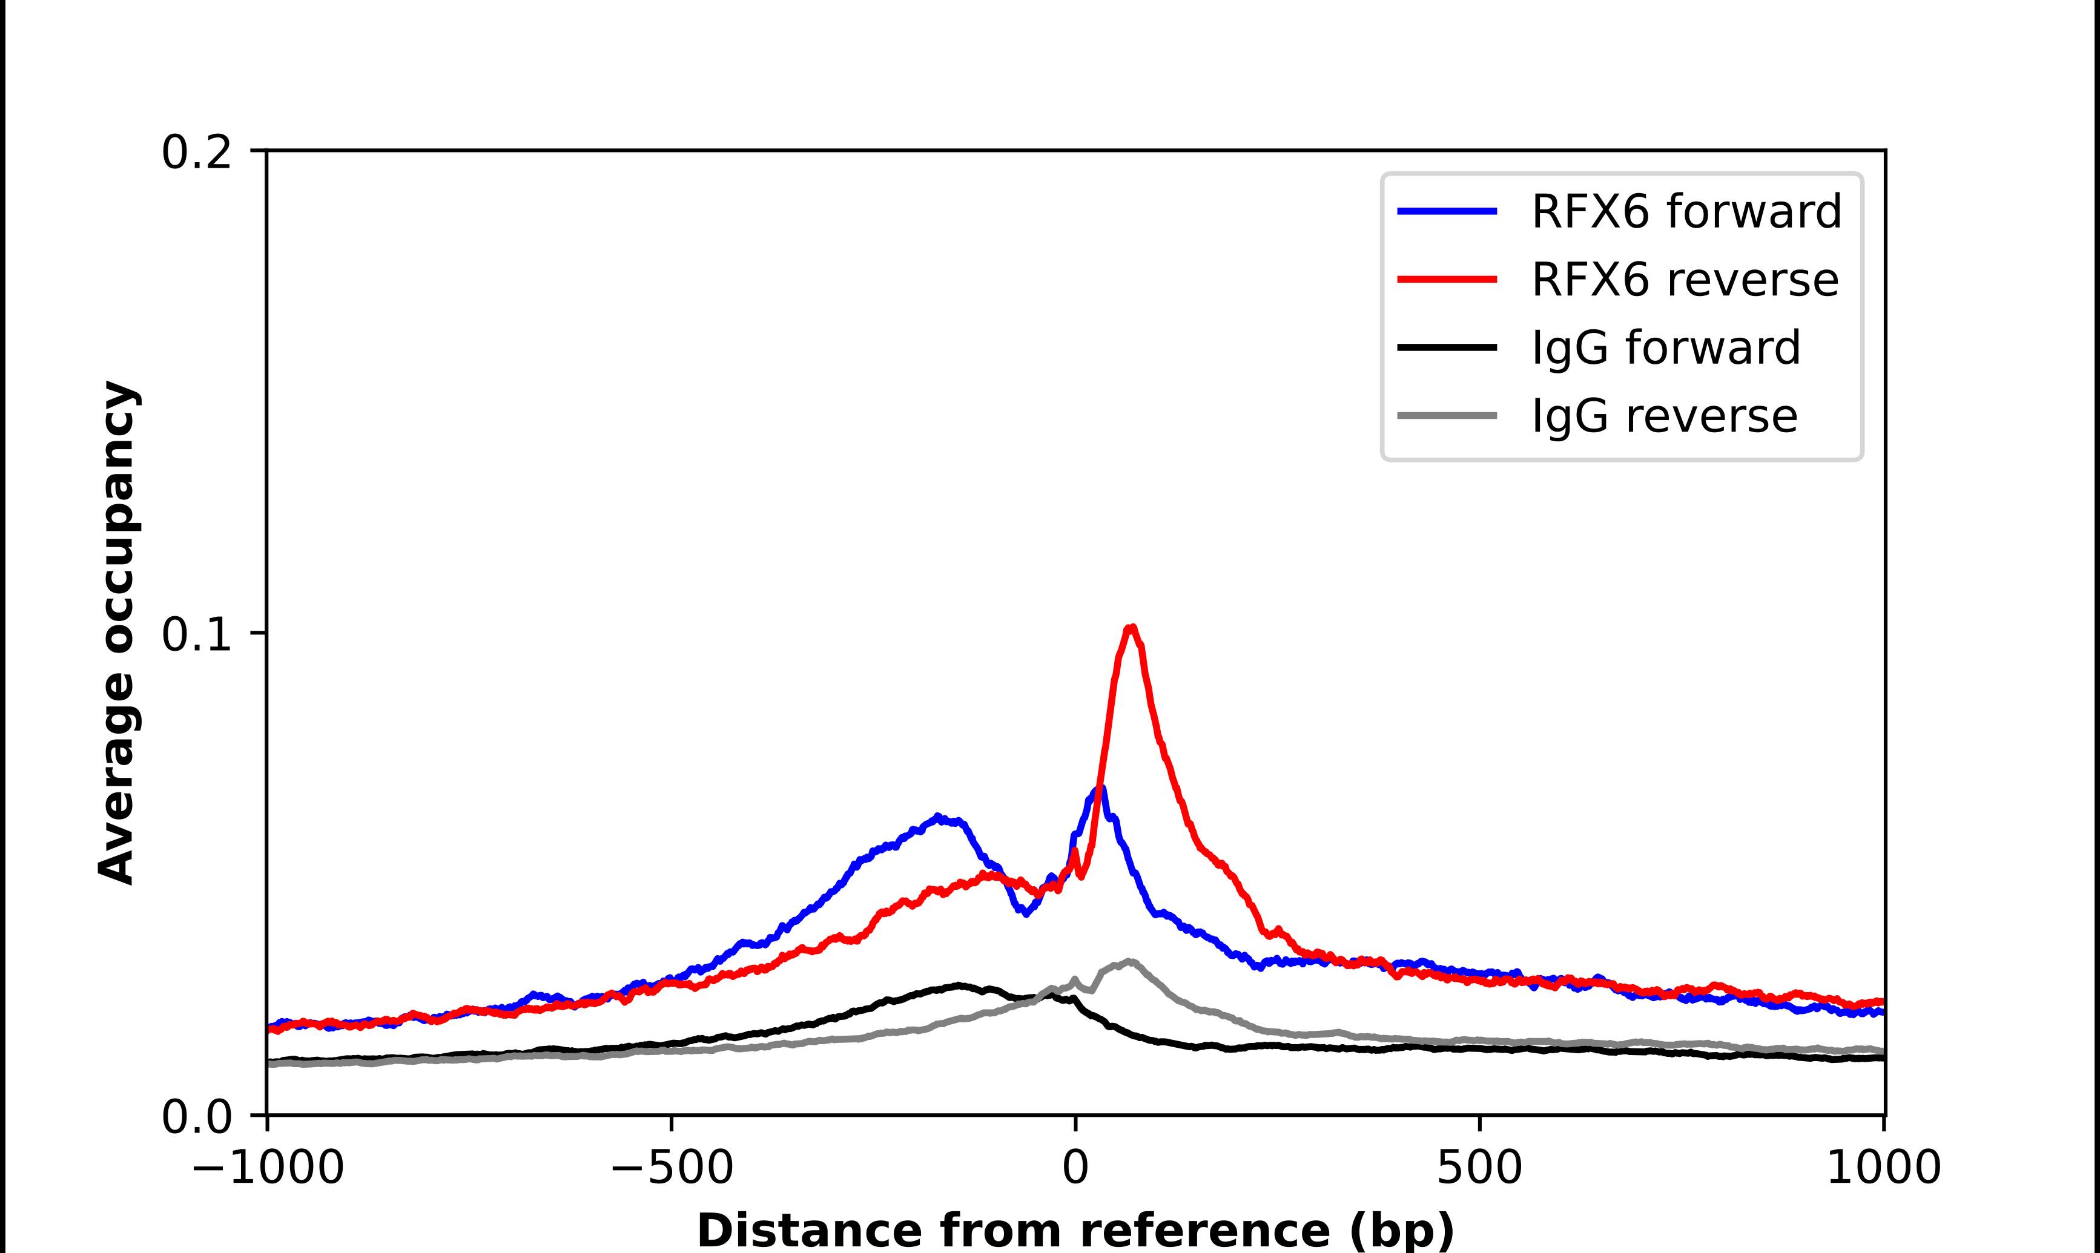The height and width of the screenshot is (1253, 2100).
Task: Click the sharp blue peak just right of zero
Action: point(1100,789)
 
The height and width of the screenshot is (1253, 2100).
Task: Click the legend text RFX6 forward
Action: point(1685,211)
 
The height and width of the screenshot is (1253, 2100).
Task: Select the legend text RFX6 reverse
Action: point(1684,280)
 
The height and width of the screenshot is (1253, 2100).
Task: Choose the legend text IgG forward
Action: point(1665,348)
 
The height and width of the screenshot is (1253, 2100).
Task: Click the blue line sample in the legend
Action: point(1447,211)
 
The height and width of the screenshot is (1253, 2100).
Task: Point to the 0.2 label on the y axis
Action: point(196,153)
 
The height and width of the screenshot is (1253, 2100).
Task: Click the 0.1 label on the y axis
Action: point(196,635)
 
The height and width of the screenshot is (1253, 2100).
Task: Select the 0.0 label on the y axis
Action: point(196,1117)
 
